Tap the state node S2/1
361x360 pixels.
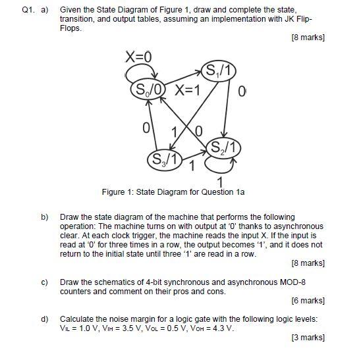(x=223, y=146)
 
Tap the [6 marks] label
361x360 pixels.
(x=308, y=301)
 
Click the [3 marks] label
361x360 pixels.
(x=308, y=338)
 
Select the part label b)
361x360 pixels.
(x=45, y=217)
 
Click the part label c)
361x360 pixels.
(x=45, y=282)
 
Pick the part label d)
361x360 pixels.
(x=45, y=319)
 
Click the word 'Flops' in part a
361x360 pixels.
(x=70, y=29)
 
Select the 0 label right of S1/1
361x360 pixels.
(x=243, y=90)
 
